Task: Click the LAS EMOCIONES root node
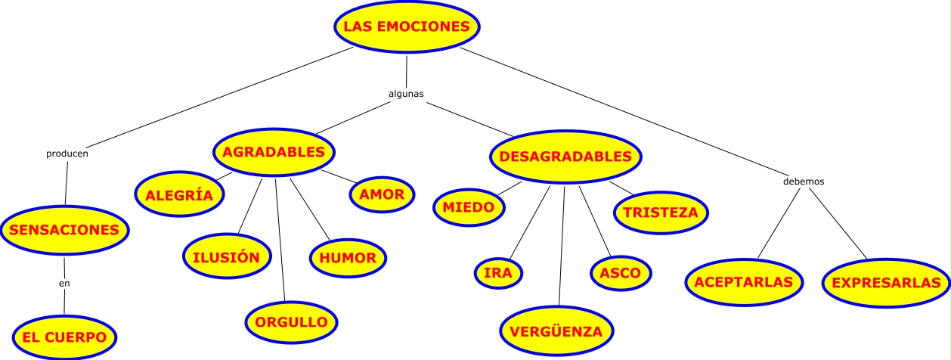tap(407, 26)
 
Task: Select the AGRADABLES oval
tap(274, 152)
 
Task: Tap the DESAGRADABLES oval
tap(565, 157)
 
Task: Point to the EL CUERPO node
tap(65, 335)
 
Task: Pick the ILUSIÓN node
tap(226, 257)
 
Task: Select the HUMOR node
tap(348, 258)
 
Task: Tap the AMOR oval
tap(382, 194)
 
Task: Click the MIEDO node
tap(469, 207)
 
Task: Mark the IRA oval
tap(499, 273)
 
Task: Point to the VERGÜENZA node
tap(556, 331)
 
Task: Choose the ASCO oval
tap(620, 273)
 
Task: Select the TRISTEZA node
tap(661, 213)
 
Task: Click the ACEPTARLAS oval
tap(743, 283)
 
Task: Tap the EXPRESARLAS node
tap(885, 284)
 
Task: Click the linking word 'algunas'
tap(405, 95)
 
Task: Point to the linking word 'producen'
tap(67, 154)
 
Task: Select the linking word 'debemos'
tap(803, 182)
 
